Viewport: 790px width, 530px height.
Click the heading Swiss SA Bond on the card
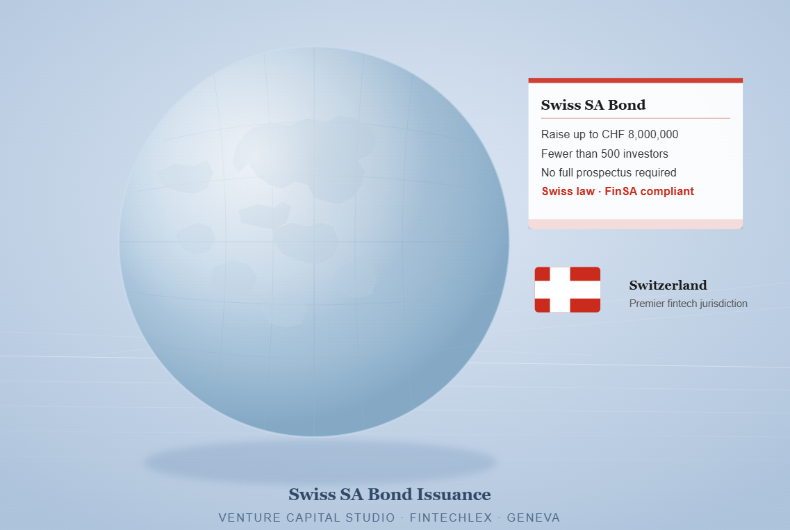tap(593, 105)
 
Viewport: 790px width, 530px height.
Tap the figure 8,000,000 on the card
tap(653, 135)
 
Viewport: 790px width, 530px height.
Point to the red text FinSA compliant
tap(650, 192)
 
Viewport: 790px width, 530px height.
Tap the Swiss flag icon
tap(567, 290)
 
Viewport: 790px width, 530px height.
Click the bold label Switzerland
tap(668, 285)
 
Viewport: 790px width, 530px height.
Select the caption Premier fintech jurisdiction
tap(689, 304)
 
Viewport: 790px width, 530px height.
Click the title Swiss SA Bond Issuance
tap(390, 495)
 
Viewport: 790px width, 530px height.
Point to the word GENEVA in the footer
tap(534, 517)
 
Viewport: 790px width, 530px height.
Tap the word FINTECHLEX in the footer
tap(451, 517)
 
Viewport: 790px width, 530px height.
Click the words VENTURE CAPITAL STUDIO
tap(307, 517)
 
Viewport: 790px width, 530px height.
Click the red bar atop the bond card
tap(635, 80)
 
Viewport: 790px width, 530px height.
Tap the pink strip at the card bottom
tap(635, 224)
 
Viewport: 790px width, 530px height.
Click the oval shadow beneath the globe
tap(320, 462)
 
